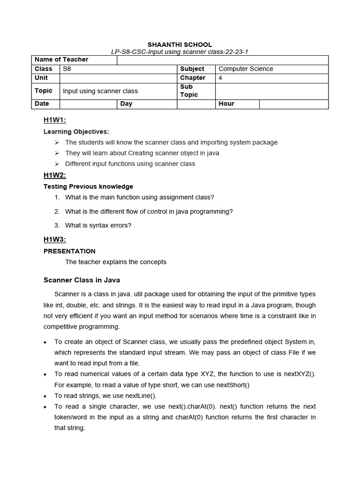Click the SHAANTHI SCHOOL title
[180, 45]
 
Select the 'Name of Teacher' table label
[61, 60]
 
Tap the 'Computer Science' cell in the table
[246, 69]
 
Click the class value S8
[67, 69]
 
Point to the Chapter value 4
[221, 78]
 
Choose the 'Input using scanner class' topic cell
[100, 91]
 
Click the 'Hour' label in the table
[226, 104]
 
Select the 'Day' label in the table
[126, 104]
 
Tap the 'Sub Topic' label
[189, 90]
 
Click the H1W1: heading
[55, 120]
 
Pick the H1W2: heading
[55, 175]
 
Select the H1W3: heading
[55, 240]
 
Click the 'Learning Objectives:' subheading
[76, 132]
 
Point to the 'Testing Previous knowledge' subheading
[88, 187]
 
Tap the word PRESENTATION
[69, 251]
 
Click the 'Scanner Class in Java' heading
[82, 280]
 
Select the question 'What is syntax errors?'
[98, 225]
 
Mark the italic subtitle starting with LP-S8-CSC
[180, 52]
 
